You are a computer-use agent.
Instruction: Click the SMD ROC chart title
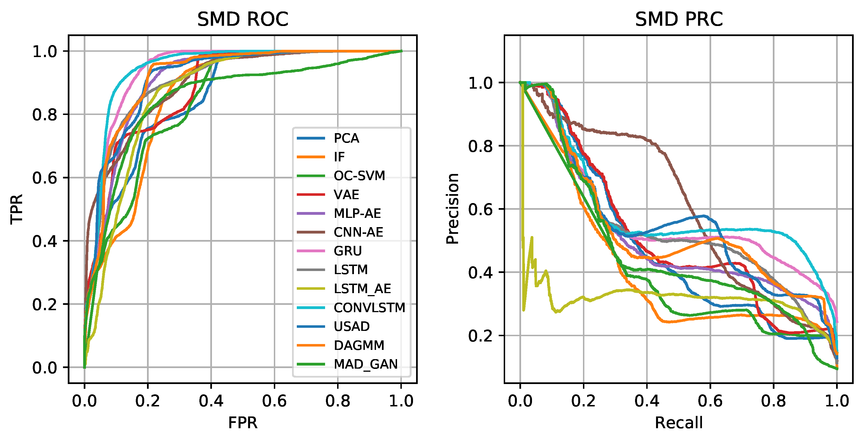242,19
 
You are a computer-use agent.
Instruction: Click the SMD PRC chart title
679,19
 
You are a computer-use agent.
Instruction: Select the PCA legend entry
346,138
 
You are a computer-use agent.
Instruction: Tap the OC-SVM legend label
359,176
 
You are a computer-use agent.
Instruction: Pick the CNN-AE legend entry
358,232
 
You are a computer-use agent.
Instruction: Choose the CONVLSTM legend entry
369,308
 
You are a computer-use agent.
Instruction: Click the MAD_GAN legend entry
366,364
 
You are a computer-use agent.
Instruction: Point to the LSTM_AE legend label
362,289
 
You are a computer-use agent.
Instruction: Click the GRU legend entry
347,251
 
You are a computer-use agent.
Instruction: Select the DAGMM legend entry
359,345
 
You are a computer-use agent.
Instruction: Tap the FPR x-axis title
242,423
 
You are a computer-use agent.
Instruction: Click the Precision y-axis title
452,209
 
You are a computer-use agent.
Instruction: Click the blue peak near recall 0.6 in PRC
704,215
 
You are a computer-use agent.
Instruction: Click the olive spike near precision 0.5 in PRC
532,237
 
